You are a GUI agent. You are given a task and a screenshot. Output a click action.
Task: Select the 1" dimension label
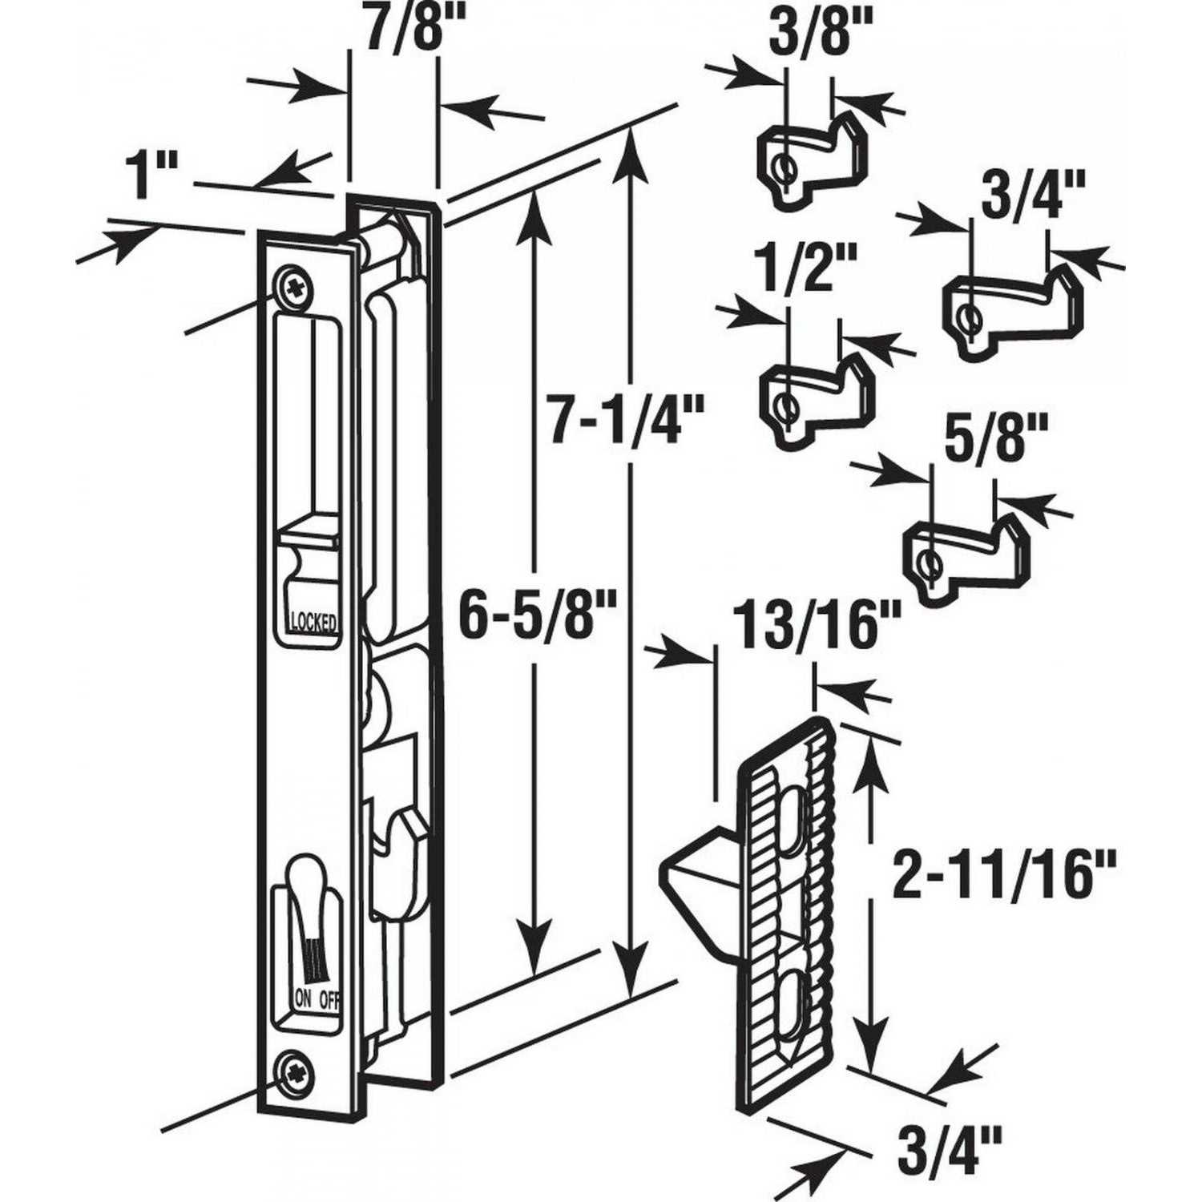click(150, 175)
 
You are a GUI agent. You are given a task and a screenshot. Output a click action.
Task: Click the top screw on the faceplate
click(291, 287)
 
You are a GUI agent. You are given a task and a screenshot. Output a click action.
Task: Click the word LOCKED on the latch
click(313, 623)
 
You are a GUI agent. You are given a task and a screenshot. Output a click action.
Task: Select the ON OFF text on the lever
click(317, 998)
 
